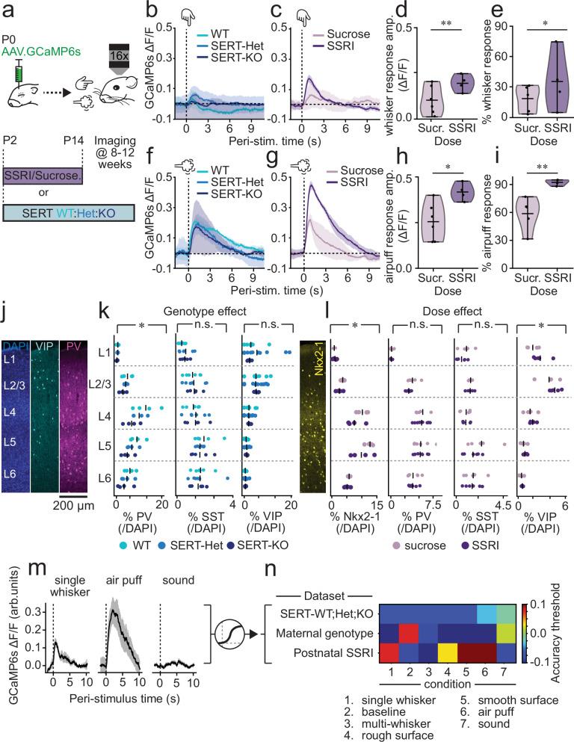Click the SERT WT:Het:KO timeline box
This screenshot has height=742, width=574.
click(69, 212)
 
